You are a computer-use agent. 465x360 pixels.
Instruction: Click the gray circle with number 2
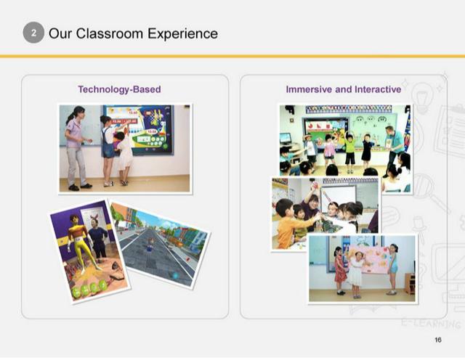click(33, 33)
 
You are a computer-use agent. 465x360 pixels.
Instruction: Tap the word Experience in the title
click(182, 34)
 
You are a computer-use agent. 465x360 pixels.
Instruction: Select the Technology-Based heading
click(119, 89)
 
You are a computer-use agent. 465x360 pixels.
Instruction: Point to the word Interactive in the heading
click(378, 89)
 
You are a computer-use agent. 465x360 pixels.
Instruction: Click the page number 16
click(438, 340)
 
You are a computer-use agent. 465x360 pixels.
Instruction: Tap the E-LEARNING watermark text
click(431, 323)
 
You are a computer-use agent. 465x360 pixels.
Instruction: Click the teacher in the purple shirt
click(76, 147)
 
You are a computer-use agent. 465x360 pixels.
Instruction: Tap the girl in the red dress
click(340, 270)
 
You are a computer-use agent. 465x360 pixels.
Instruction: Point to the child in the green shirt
click(350, 152)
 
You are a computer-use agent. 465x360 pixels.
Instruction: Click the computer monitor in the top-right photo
click(286, 138)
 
